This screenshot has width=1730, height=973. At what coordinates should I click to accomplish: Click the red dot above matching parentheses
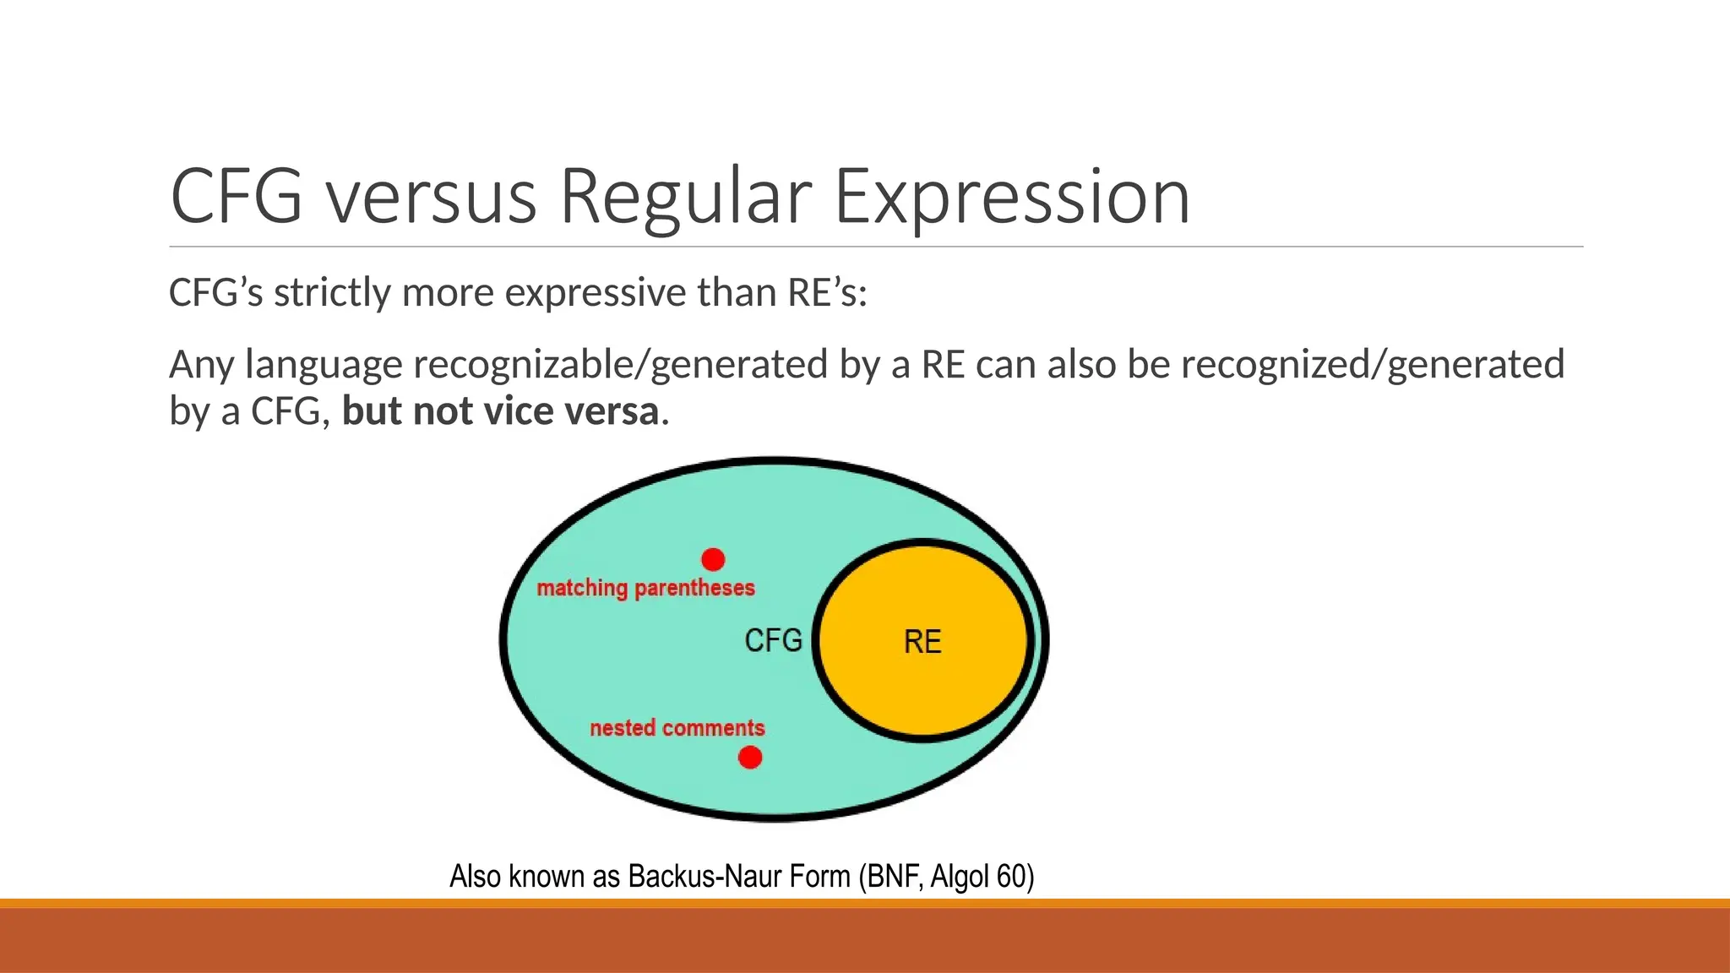coord(713,559)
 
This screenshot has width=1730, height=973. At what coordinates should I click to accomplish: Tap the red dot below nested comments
coord(750,758)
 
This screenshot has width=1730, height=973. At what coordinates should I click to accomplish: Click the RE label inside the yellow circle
coord(922,642)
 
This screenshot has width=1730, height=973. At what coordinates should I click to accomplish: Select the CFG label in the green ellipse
coord(773,640)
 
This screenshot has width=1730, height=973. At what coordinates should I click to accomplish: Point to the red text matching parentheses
coord(646,588)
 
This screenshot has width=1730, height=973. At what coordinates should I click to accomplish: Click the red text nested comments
coord(677,728)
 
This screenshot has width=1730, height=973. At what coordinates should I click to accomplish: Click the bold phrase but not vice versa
coord(500,411)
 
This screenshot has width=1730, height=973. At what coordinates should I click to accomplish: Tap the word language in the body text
coord(324,365)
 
